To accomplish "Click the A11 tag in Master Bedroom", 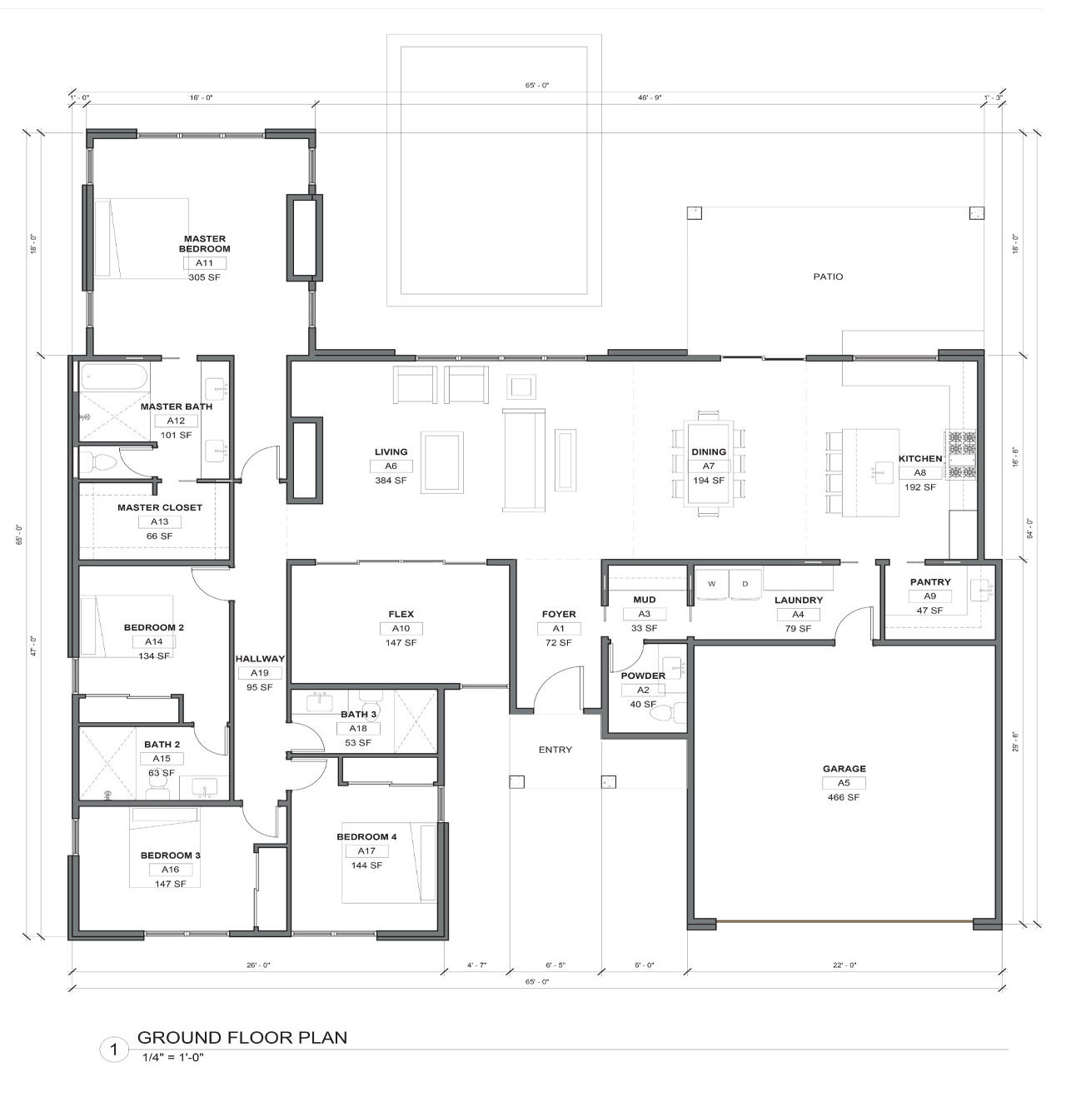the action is (204, 263).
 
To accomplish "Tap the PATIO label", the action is (828, 277).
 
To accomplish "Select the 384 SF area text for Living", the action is (391, 480).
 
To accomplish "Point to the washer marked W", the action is (711, 584).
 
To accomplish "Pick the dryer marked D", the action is (745, 584).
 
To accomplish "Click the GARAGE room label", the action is (844, 769).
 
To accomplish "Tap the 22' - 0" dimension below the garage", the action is (844, 965).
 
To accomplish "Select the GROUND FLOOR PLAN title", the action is (242, 1037).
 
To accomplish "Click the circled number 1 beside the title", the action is (114, 1049).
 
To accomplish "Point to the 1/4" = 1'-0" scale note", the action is (173, 1057).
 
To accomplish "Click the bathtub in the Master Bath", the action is (114, 376).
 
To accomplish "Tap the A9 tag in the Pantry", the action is (929, 596).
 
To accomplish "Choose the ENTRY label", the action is (555, 750).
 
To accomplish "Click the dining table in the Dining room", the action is (708, 463).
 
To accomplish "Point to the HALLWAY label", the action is (260, 659).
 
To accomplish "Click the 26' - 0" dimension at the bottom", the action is (258, 965).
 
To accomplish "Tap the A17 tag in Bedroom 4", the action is (366, 851).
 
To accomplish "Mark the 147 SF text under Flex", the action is (401, 642).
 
